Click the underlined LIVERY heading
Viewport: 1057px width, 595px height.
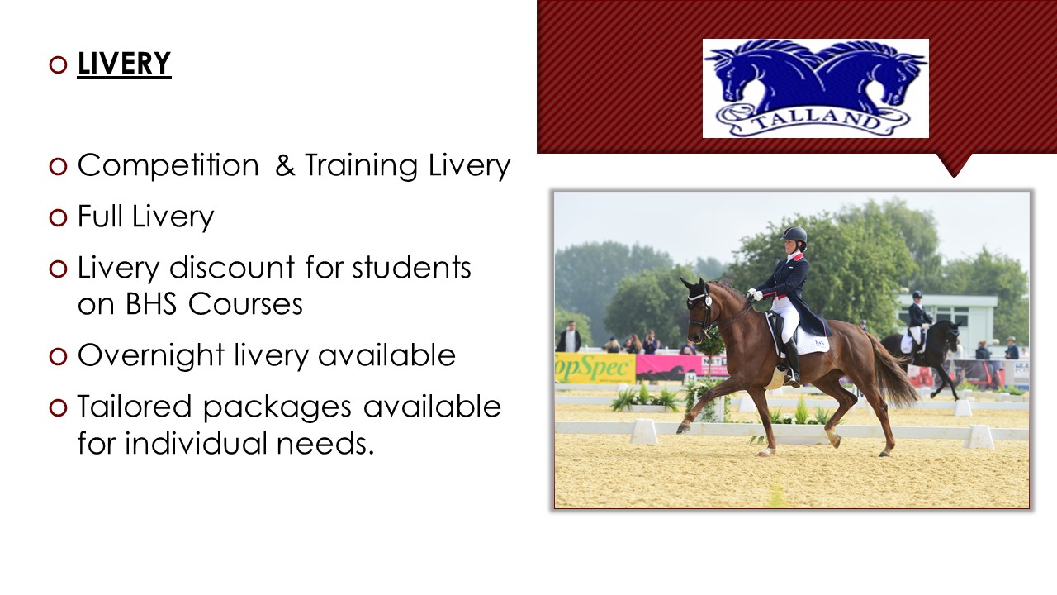[x=124, y=64]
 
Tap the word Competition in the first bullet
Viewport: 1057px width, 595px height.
[x=168, y=166]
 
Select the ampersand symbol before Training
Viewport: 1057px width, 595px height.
[x=285, y=165]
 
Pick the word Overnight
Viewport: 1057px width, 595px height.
[x=151, y=355]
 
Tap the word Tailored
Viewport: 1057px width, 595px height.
[x=135, y=407]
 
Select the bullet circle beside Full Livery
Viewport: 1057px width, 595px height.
[x=58, y=217]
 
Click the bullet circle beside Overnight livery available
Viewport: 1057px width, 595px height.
[x=58, y=356]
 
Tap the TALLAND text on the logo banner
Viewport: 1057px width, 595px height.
[x=817, y=121]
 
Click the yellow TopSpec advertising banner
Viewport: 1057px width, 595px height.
[x=595, y=368]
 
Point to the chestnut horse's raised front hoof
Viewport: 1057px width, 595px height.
[x=682, y=428]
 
